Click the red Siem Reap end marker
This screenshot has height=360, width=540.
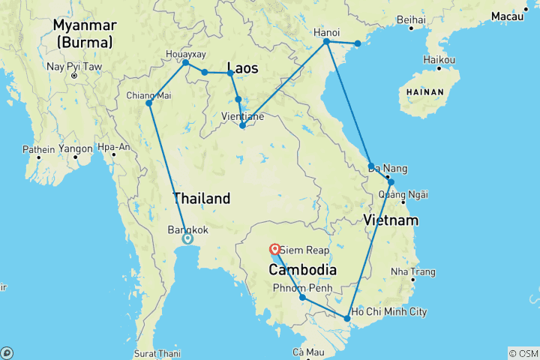pos(275,249)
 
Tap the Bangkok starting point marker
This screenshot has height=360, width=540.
pos(187,238)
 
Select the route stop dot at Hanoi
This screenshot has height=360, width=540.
pos(326,41)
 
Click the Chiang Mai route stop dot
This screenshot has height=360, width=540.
pos(148,103)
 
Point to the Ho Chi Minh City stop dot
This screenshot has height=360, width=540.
pos(346,319)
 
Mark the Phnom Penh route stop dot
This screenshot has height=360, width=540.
pos(302,298)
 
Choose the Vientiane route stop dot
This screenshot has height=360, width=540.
pos(242,125)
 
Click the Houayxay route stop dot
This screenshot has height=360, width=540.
pos(186,62)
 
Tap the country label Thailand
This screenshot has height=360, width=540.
pos(201,199)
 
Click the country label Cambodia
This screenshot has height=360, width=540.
pos(297,269)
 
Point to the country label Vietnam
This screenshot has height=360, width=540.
pos(390,220)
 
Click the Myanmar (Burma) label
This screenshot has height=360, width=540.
pos(84,34)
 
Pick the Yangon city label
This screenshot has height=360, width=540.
pos(76,149)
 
